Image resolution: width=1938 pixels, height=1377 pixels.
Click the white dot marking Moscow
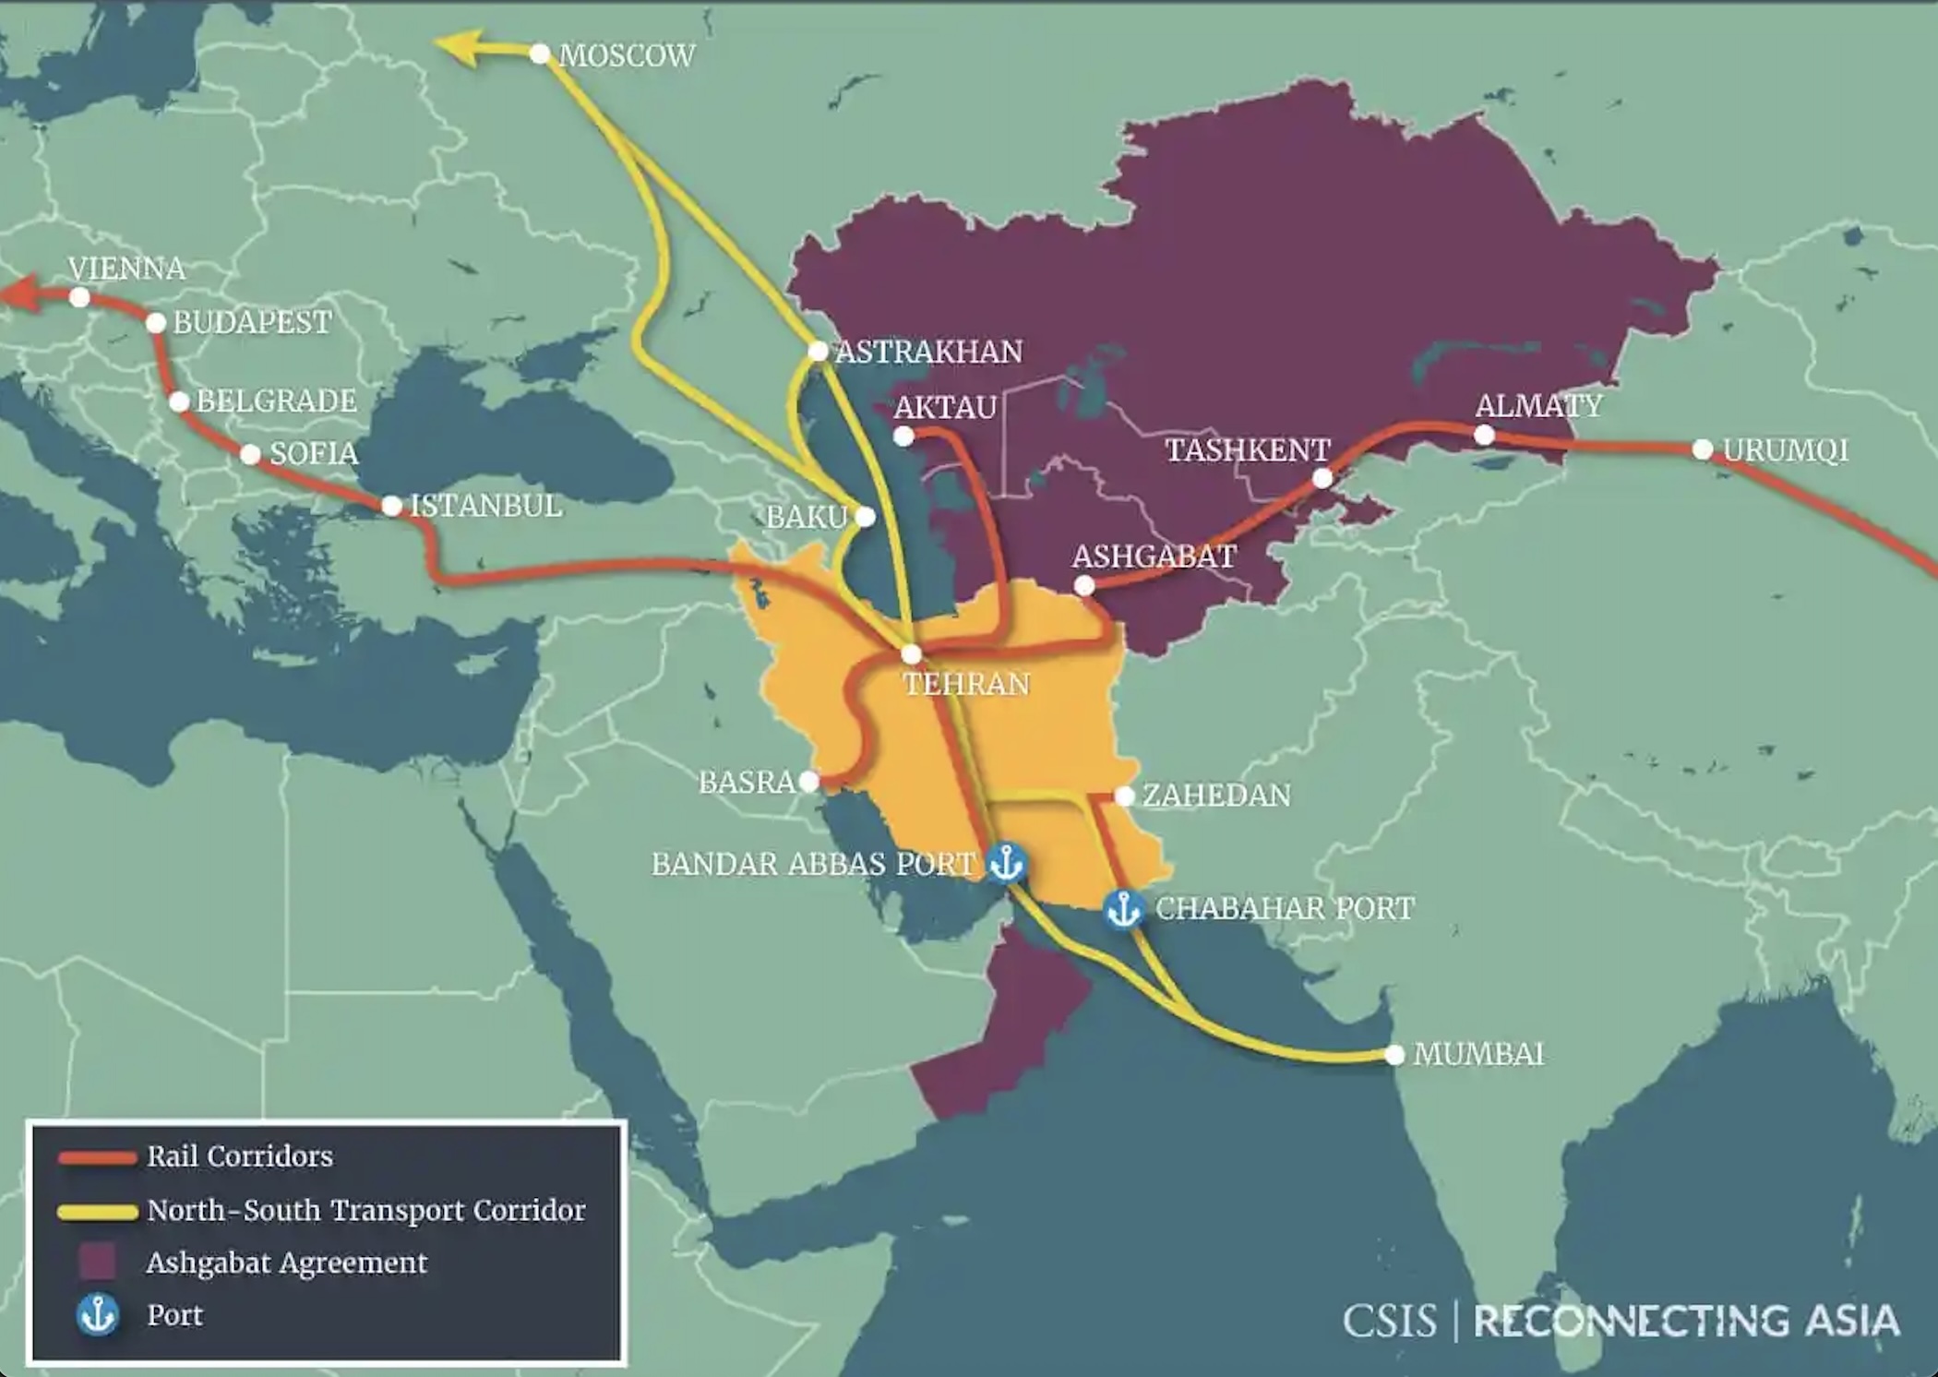pyautogui.click(x=540, y=54)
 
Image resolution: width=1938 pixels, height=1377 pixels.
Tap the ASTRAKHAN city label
pyautogui.click(x=928, y=352)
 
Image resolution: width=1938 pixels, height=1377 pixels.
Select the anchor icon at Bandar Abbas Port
pyautogui.click(x=1005, y=863)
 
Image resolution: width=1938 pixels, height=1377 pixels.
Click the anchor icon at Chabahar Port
pyautogui.click(x=1123, y=909)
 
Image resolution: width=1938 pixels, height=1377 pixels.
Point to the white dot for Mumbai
pyautogui.click(x=1394, y=1054)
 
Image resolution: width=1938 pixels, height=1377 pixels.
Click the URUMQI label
pyautogui.click(x=1785, y=450)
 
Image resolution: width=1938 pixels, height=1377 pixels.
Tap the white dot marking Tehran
pyautogui.click(x=911, y=654)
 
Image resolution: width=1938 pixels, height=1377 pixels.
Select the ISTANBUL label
pyautogui.click(x=485, y=506)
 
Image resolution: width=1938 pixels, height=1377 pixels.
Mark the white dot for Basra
pyautogui.click(x=808, y=782)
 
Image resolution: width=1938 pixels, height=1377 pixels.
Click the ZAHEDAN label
pyautogui.click(x=1216, y=796)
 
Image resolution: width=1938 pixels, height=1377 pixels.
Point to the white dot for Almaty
pyautogui.click(x=1484, y=435)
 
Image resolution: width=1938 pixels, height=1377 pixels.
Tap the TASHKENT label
pyautogui.click(x=1247, y=450)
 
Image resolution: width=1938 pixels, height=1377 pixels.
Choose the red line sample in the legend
pyautogui.click(x=97, y=1157)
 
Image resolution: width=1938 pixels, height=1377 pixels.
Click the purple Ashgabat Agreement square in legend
pyautogui.click(x=97, y=1262)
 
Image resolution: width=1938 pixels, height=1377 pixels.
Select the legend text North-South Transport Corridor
pyautogui.click(x=365, y=1210)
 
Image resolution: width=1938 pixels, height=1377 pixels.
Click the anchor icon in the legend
pyautogui.click(x=97, y=1314)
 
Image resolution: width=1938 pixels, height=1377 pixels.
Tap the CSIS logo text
pyautogui.click(x=1389, y=1321)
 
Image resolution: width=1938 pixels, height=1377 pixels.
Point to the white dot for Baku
pyautogui.click(x=865, y=517)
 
